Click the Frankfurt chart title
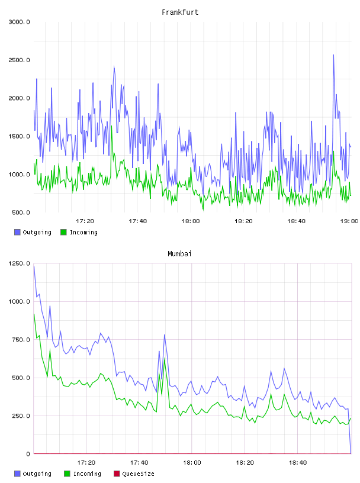(180, 12)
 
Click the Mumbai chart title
(179, 254)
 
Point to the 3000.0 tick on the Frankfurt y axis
(19, 22)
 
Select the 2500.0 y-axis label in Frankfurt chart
(19, 60)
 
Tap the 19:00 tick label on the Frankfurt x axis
(349, 221)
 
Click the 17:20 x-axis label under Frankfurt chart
(85, 221)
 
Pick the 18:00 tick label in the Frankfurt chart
(191, 221)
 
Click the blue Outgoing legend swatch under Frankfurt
(17, 232)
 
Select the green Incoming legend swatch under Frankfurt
(63, 232)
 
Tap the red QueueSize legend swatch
(117, 474)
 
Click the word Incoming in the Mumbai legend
(87, 474)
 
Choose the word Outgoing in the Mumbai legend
(37, 474)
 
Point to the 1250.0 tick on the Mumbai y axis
(19, 263)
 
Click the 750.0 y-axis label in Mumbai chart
(21, 340)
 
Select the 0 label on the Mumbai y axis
(28, 454)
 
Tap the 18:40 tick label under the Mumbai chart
(298, 462)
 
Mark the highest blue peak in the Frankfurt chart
(333, 55)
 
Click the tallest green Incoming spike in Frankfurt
(111, 125)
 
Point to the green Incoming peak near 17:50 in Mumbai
(165, 359)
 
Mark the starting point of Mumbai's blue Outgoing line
(34, 266)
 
